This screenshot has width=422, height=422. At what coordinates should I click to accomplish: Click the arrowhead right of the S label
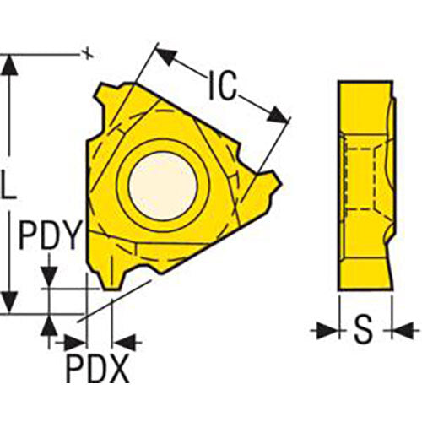click(x=394, y=330)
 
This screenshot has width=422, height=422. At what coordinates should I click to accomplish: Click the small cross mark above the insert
click(x=85, y=55)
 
